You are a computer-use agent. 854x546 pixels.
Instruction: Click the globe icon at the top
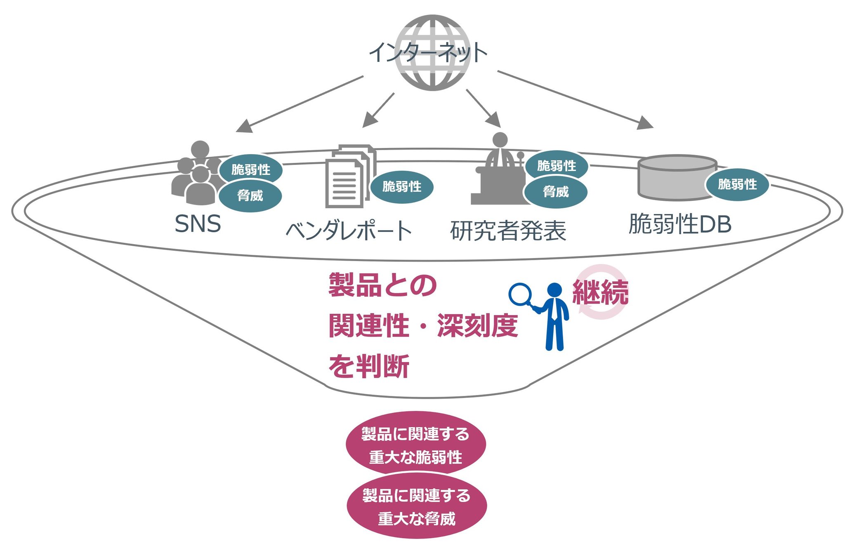432,53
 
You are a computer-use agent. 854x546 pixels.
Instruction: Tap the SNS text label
198,224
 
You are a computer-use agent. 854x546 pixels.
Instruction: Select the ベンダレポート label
349,231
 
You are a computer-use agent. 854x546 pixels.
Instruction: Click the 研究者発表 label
508,231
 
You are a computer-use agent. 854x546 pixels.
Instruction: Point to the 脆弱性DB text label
680,224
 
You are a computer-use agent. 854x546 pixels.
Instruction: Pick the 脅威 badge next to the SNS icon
250,195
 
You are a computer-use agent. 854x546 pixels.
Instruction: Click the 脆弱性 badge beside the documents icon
401,186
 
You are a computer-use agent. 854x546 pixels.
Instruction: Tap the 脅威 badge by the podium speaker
555,192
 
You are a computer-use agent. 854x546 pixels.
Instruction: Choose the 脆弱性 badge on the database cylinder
737,184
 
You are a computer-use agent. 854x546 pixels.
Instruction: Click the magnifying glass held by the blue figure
520,294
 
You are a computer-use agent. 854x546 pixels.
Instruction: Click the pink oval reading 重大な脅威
417,507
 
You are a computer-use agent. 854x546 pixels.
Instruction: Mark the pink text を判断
368,366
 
